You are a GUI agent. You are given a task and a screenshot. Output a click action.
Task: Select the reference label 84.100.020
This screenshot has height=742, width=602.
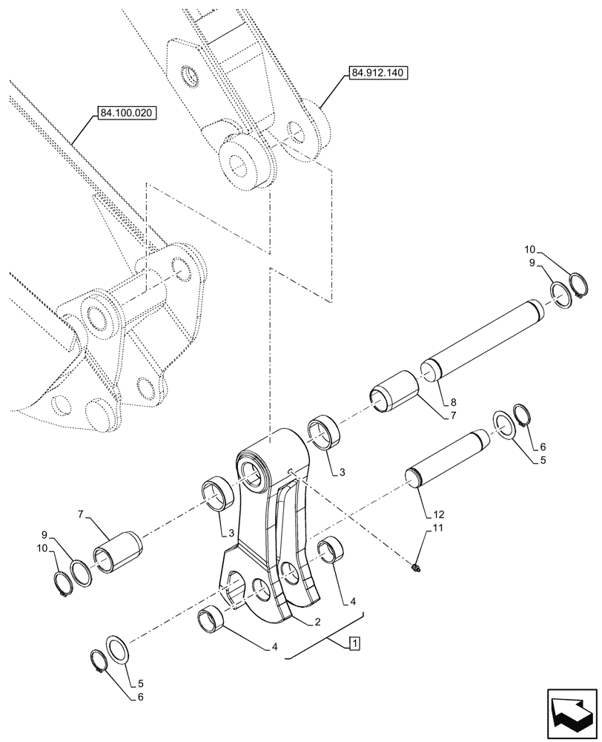128,114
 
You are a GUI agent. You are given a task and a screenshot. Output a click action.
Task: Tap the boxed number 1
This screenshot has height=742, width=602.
354,643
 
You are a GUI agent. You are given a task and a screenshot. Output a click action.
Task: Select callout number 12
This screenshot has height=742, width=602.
440,513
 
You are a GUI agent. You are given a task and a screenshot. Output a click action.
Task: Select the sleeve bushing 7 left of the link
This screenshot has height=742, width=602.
117,549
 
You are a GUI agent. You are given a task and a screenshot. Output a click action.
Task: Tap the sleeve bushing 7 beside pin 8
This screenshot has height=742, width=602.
396,390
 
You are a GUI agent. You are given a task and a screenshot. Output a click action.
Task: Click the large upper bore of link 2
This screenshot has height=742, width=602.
252,474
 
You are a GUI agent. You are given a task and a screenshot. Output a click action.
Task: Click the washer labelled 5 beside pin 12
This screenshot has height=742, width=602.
506,427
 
